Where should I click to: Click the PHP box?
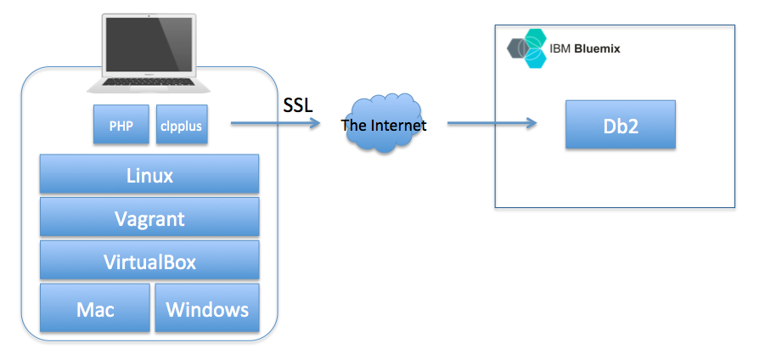click(121, 125)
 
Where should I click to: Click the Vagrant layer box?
click(149, 218)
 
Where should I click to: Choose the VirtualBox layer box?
click(149, 261)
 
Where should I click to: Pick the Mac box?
click(94, 308)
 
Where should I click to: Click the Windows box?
click(207, 308)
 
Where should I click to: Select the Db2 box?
click(621, 125)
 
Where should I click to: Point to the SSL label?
click(297, 105)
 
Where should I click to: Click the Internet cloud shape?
click(383, 126)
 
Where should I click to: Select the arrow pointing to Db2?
click(492, 124)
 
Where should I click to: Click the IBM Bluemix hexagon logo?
click(528, 48)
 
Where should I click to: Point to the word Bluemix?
click(597, 49)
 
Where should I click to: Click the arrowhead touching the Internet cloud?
click(315, 124)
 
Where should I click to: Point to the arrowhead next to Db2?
click(532, 124)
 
